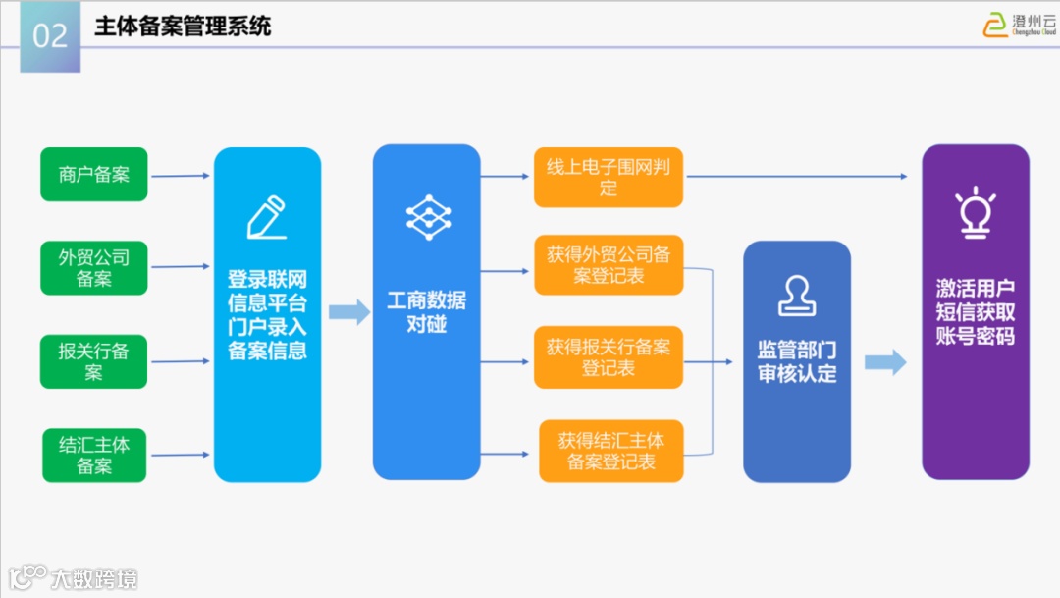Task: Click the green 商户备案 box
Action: point(94,175)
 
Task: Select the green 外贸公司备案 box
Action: point(94,268)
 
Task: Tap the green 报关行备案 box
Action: point(94,361)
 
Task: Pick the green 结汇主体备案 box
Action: point(94,455)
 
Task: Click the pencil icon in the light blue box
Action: point(266,218)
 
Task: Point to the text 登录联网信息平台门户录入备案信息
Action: point(267,315)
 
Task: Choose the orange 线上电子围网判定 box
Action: point(609,178)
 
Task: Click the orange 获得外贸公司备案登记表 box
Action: point(609,265)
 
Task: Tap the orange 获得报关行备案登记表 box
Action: point(609,357)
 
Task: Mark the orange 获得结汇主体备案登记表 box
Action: point(610,451)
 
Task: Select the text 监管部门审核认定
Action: point(796,361)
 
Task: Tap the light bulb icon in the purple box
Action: point(975,211)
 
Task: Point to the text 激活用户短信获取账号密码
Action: point(975,311)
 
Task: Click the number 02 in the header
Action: point(50,36)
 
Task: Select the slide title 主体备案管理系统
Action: point(183,27)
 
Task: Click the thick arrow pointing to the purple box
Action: point(884,362)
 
